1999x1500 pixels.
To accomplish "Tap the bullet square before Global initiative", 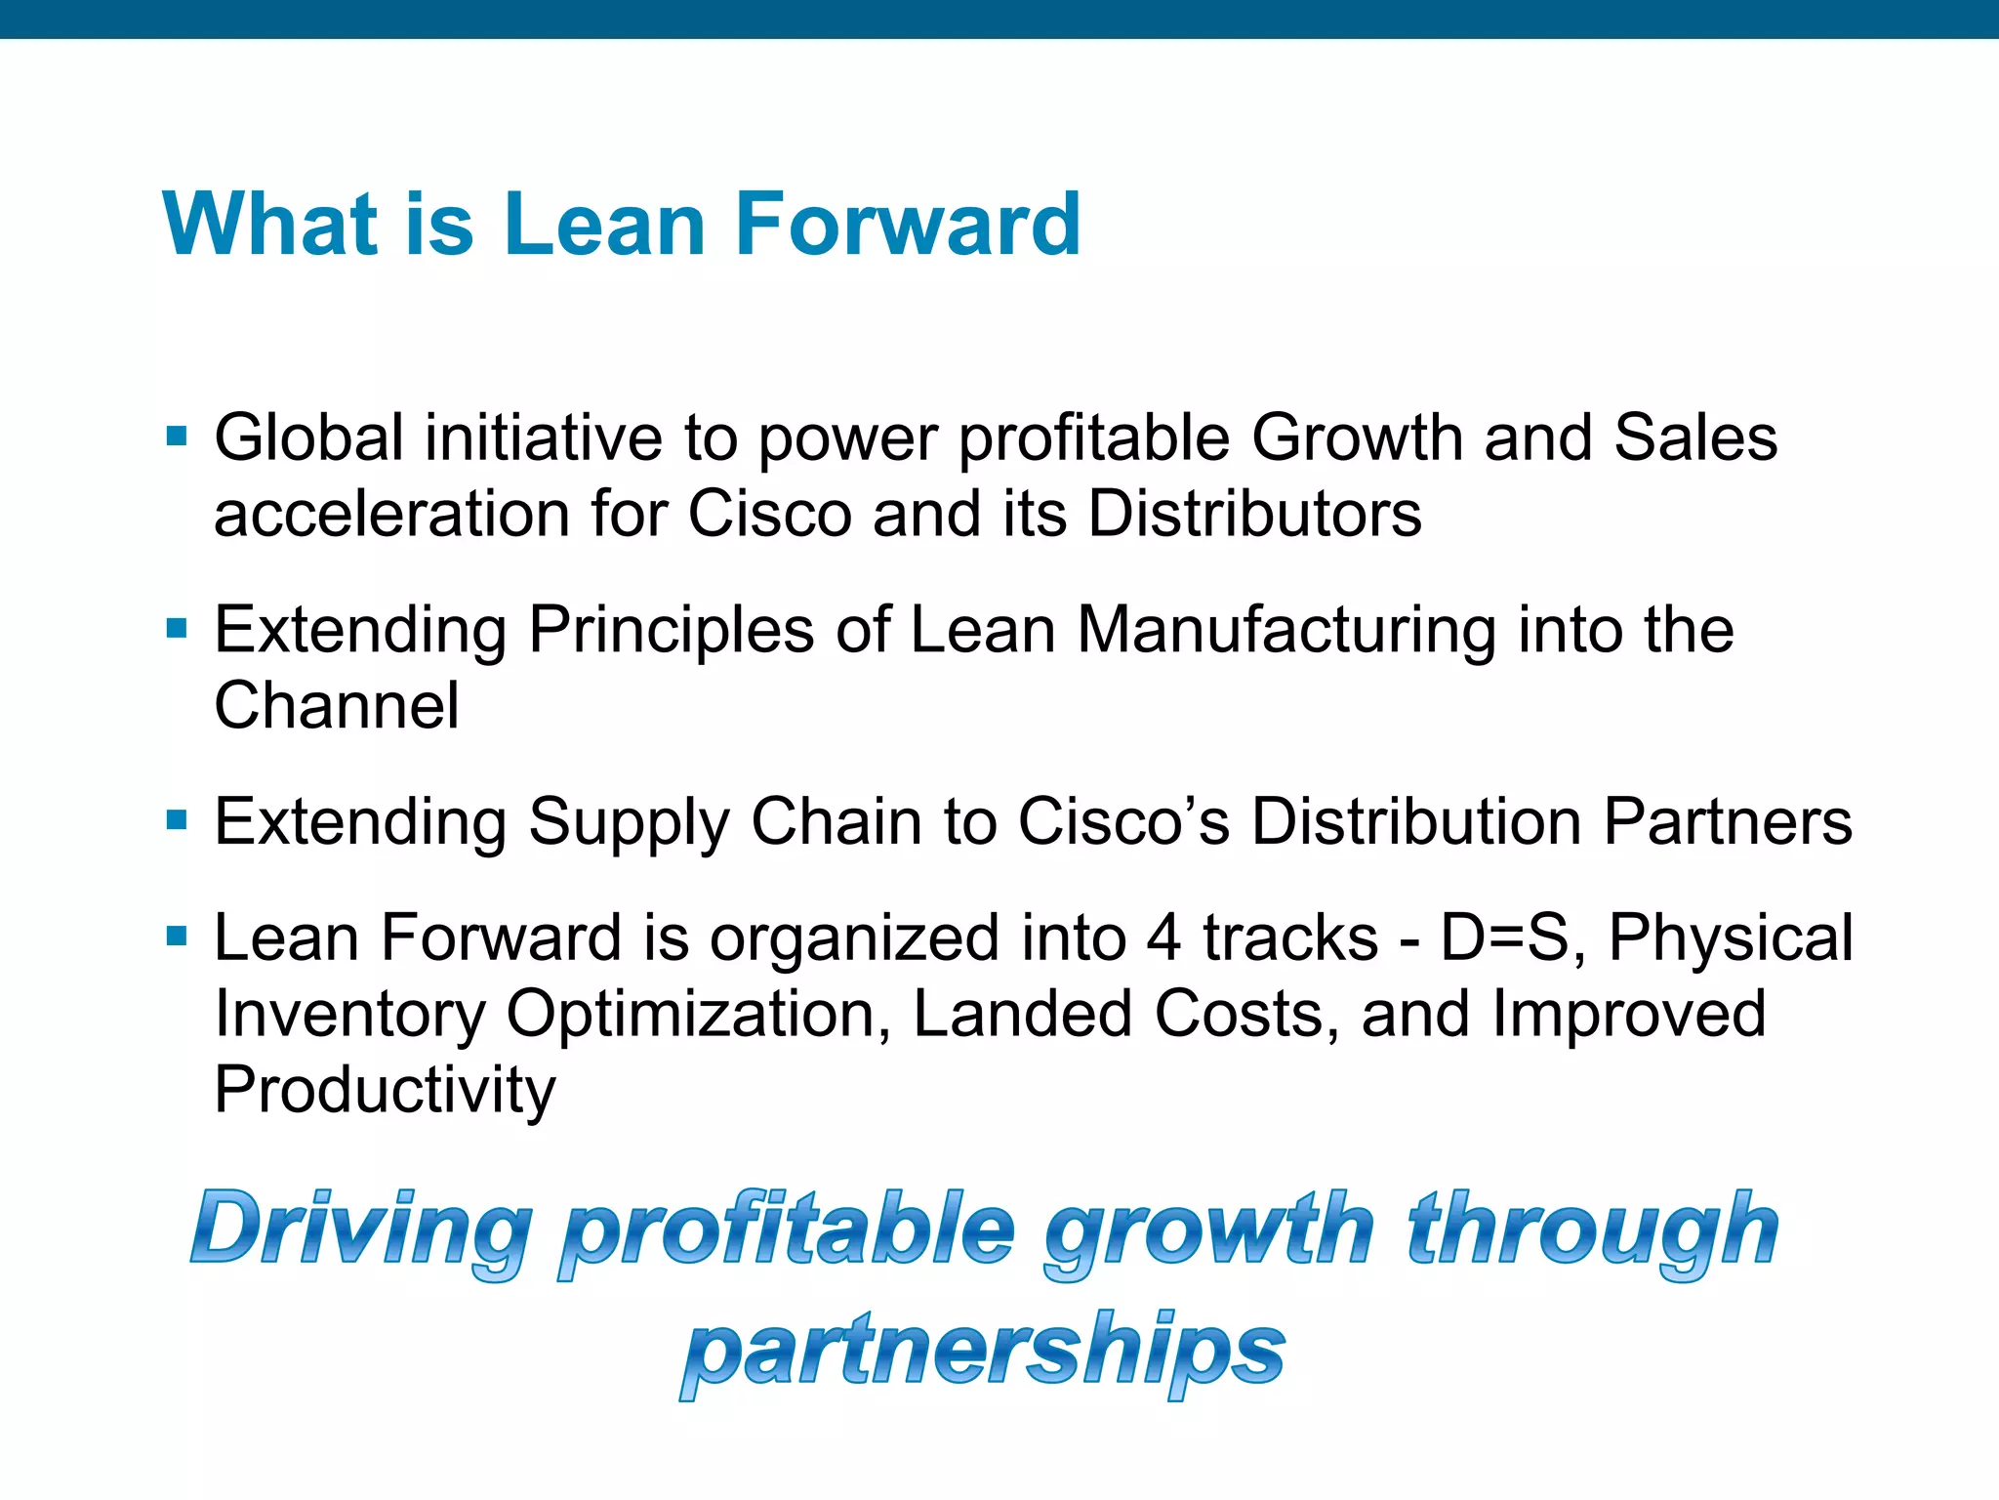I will (x=177, y=436).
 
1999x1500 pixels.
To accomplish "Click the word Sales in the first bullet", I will (x=1695, y=437).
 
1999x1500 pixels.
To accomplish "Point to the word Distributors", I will (x=1254, y=514).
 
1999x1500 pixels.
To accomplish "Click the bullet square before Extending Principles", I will (x=177, y=627).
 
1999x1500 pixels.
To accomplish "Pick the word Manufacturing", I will (x=1286, y=630).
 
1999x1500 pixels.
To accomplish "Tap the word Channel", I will (x=336, y=705).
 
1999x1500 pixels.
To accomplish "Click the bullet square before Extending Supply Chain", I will (x=177, y=819).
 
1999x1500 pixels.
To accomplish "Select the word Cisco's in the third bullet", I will (x=1123, y=821).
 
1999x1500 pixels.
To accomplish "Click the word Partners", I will (x=1728, y=821).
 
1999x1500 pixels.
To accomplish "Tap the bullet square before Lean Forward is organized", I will (x=177, y=937).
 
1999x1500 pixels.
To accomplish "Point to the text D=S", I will (x=1512, y=937).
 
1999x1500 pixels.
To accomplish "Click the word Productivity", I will (x=385, y=1091).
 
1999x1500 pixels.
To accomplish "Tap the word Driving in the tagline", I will (x=361, y=1230).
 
